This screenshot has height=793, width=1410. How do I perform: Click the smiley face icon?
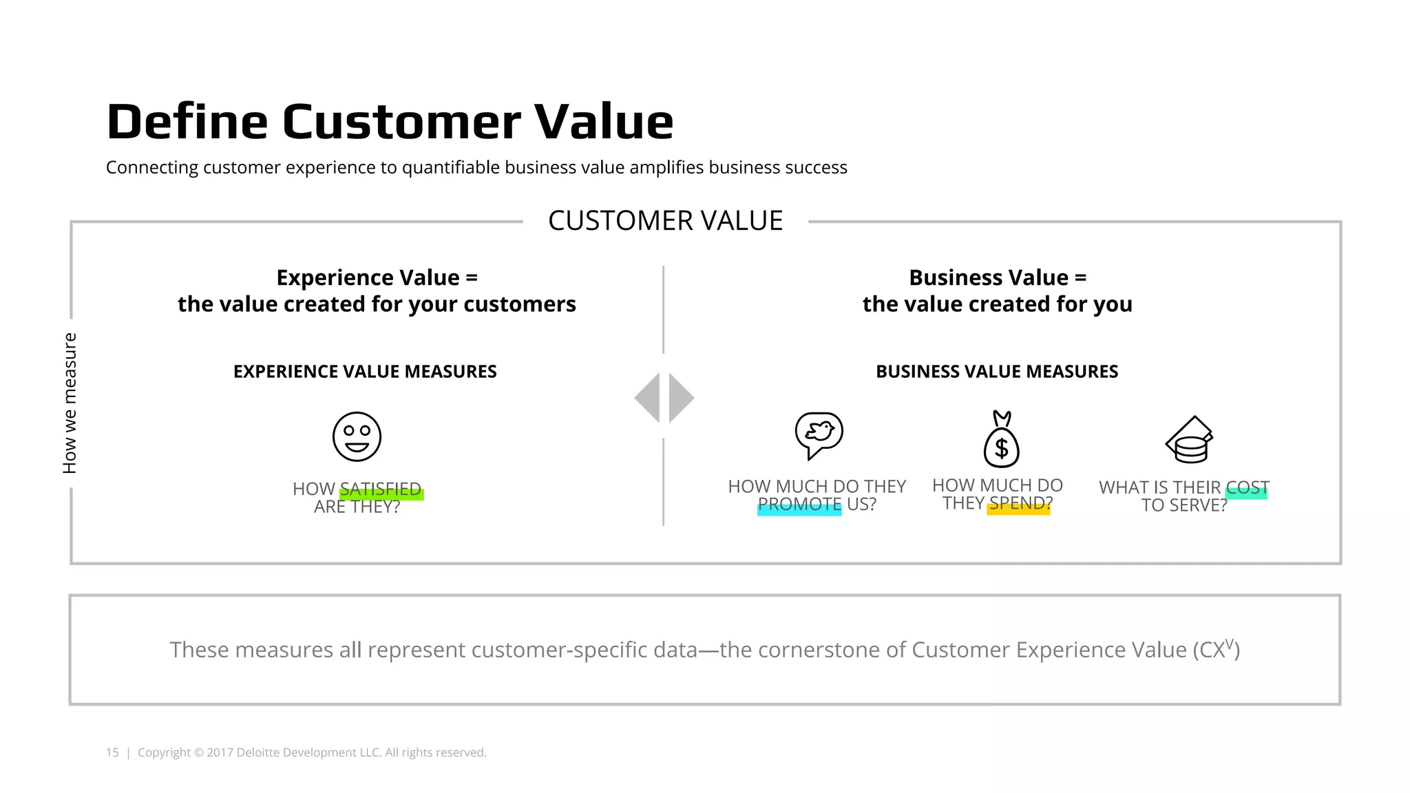(x=357, y=436)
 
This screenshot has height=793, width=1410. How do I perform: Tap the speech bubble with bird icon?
(x=819, y=434)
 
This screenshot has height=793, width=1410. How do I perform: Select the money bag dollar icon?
(x=1002, y=441)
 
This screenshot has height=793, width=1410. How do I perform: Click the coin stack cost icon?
(x=1190, y=441)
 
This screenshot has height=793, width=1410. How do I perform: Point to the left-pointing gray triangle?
(x=648, y=398)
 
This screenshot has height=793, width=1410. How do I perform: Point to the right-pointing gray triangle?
(x=680, y=398)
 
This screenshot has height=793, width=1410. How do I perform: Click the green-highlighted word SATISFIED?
(x=381, y=489)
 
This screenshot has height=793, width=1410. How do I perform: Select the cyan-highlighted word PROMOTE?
(x=799, y=505)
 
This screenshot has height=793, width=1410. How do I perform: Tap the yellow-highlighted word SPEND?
(x=1020, y=504)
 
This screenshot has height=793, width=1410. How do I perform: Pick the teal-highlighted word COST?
(x=1247, y=487)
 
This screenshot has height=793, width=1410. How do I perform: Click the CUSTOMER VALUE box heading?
(x=665, y=221)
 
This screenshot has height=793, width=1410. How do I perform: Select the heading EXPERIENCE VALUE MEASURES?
(x=365, y=372)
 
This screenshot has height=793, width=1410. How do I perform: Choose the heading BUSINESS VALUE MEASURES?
(x=997, y=372)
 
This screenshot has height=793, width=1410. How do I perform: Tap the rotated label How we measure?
(x=70, y=403)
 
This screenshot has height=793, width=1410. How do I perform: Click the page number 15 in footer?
(x=112, y=752)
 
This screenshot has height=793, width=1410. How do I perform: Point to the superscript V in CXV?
(x=1230, y=644)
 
